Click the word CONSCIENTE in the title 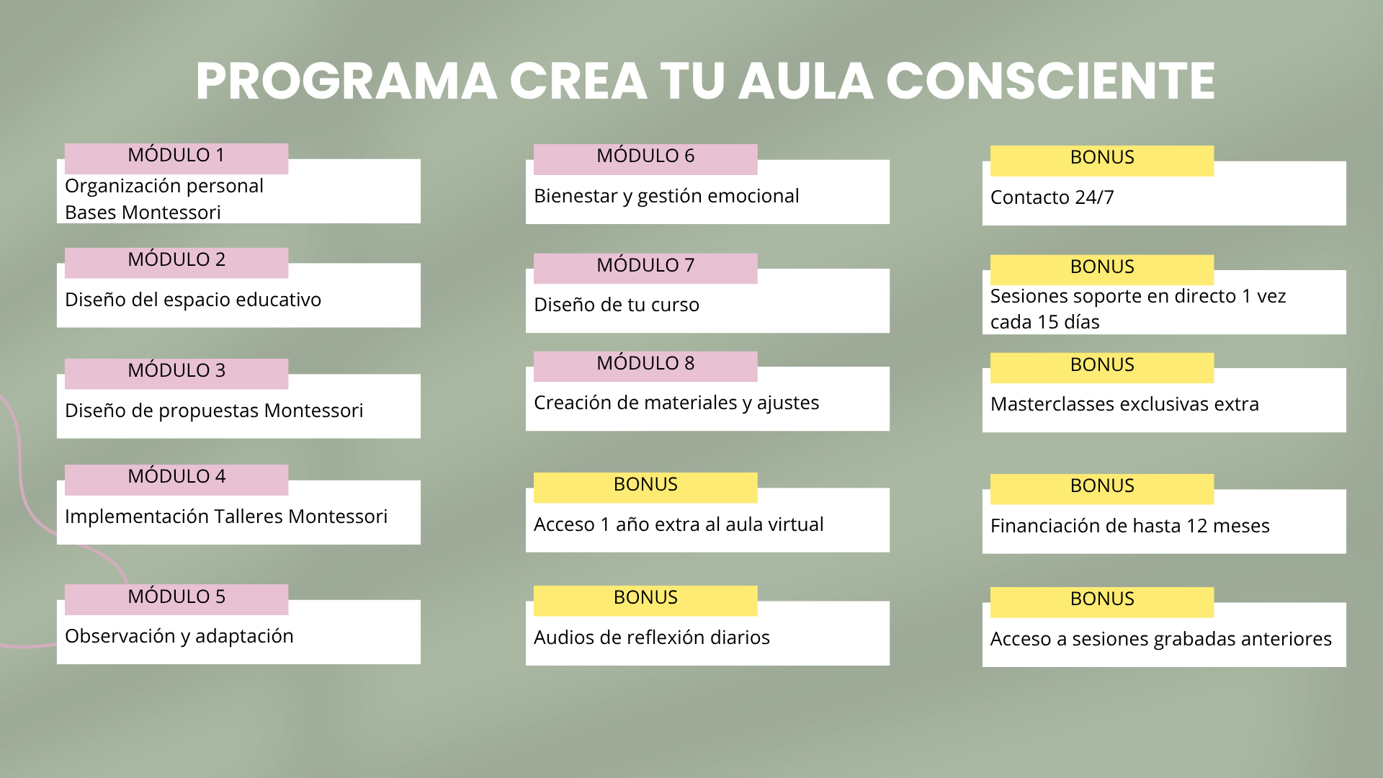point(1050,81)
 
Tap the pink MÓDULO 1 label point(176,158)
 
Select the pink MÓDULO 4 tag point(176,480)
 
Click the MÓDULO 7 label point(645,268)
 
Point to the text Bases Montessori point(143,213)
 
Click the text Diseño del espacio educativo point(193,300)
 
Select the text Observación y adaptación point(179,636)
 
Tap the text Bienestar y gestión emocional point(666,196)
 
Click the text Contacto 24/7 point(1052,197)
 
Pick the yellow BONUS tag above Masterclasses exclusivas point(1102,367)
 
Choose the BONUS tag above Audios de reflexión point(645,601)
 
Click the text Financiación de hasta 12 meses point(1130,526)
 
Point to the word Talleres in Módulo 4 point(249,517)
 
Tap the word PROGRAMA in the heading point(346,81)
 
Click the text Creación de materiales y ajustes point(676,403)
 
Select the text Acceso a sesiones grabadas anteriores point(1161,639)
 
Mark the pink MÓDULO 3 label point(176,374)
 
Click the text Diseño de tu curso point(617,305)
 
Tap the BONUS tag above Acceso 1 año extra point(645,488)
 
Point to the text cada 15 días point(1045,322)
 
